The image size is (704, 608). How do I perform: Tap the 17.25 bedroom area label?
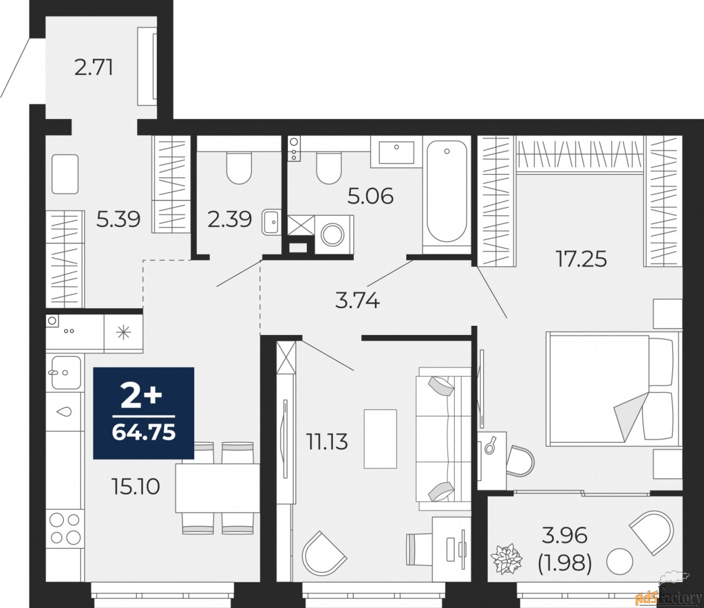(x=581, y=258)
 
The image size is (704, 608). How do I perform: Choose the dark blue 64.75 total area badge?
(x=144, y=413)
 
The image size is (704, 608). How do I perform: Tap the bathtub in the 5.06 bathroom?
(x=447, y=191)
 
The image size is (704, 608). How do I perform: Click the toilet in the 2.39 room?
(x=239, y=167)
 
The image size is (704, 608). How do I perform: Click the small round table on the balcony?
(x=620, y=562)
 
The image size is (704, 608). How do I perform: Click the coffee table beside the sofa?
(x=380, y=439)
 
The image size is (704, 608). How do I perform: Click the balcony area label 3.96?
(x=564, y=534)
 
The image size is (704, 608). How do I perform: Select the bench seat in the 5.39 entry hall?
(x=65, y=174)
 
